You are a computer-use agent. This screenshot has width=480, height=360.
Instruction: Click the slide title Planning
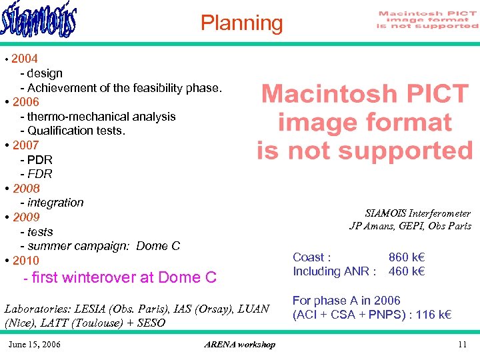(x=241, y=23)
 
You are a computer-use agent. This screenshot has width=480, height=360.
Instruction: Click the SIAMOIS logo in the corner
(x=39, y=22)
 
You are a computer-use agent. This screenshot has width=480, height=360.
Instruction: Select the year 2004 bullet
(x=25, y=59)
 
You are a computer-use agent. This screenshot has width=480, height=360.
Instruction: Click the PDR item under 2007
(x=39, y=160)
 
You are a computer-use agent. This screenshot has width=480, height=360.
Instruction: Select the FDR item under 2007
(x=39, y=174)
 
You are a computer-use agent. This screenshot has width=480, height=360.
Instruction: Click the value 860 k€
(x=407, y=257)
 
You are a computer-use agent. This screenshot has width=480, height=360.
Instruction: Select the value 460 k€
(x=407, y=271)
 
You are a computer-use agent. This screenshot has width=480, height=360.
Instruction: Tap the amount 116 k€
(x=433, y=315)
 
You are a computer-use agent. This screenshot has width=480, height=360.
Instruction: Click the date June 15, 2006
(x=34, y=344)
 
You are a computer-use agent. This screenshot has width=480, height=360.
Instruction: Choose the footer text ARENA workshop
(x=239, y=344)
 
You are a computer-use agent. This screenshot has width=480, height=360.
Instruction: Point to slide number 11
(x=461, y=344)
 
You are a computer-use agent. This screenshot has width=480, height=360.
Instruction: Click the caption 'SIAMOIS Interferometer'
(x=417, y=213)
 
